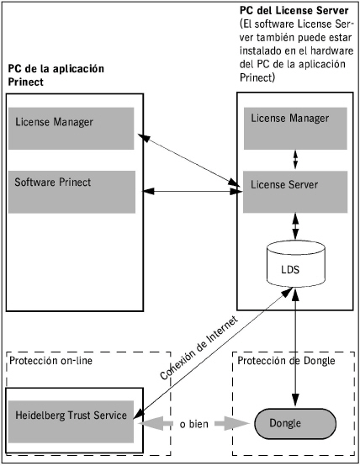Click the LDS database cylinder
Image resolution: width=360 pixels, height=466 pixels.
(296, 263)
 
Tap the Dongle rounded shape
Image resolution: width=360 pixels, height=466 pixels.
(295, 423)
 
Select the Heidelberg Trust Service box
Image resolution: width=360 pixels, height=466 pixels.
(71, 421)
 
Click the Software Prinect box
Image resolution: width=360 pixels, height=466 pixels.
(71, 192)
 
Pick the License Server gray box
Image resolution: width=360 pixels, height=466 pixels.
(295, 192)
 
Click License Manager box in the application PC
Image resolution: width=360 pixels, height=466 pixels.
(71, 129)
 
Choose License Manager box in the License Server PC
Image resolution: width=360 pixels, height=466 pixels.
(295, 129)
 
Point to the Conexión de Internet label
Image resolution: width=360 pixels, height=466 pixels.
(199, 347)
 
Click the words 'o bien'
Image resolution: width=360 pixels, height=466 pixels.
(193, 424)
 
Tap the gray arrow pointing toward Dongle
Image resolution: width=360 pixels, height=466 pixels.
(232, 423)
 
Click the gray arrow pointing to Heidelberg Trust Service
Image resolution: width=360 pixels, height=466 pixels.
(156, 423)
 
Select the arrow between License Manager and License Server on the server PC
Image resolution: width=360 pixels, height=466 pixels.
(295, 160)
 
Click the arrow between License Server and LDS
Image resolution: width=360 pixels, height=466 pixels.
(295, 226)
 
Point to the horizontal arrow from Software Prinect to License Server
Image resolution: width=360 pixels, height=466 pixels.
(193, 192)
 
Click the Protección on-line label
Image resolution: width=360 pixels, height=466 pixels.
(50, 361)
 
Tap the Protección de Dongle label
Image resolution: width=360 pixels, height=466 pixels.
(286, 361)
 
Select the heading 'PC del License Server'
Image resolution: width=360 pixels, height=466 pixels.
(294, 11)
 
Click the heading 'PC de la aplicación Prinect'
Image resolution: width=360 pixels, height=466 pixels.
(56, 75)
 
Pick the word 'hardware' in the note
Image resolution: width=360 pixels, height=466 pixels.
(331, 50)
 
